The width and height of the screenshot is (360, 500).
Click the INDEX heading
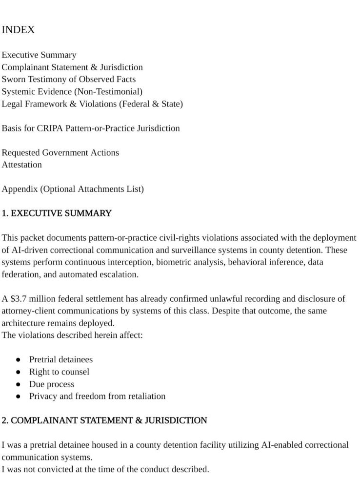click(x=18, y=30)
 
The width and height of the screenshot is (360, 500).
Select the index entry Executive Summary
click(x=39, y=55)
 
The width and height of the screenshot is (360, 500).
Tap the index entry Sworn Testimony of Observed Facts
click(x=69, y=79)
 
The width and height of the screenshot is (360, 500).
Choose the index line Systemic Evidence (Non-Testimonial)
click(x=72, y=91)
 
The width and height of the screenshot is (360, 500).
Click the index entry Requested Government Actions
click(x=60, y=152)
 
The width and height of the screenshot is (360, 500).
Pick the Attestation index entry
click(x=22, y=165)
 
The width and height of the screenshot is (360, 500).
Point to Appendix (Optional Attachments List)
click(x=73, y=189)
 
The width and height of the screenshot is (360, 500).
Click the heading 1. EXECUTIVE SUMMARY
click(x=57, y=213)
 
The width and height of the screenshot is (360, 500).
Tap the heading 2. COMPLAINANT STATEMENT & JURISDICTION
click(x=104, y=420)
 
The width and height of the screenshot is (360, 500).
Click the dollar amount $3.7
click(x=16, y=299)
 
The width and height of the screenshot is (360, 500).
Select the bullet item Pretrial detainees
click(x=61, y=359)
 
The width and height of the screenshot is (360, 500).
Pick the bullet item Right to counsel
click(x=59, y=372)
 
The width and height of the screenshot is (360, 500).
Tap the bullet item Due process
click(x=52, y=384)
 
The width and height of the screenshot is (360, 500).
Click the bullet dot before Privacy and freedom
click(x=18, y=396)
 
